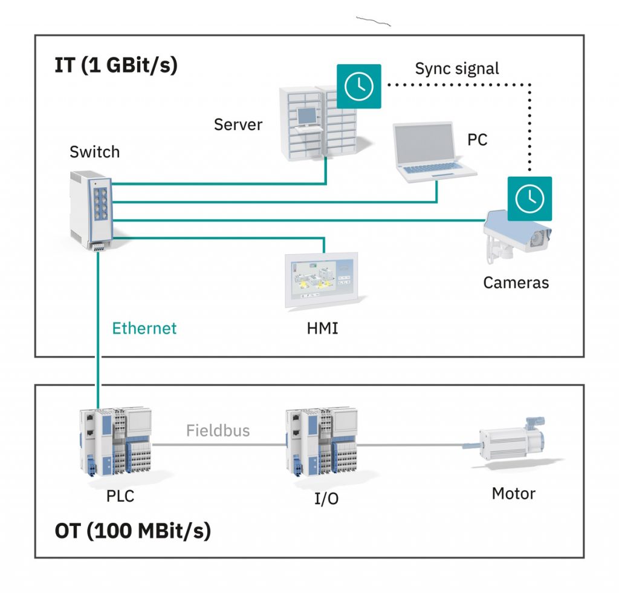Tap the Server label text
click(x=238, y=125)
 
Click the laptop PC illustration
click(x=431, y=151)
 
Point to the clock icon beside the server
click(x=359, y=86)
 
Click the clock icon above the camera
click(x=530, y=198)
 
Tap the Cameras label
click(x=516, y=282)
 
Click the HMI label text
click(x=322, y=329)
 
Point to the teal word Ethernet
click(x=144, y=329)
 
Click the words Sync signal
click(x=457, y=68)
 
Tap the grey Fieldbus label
click(x=218, y=431)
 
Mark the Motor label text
click(x=513, y=493)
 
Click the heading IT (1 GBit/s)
click(x=116, y=65)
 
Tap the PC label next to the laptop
click(x=477, y=140)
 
